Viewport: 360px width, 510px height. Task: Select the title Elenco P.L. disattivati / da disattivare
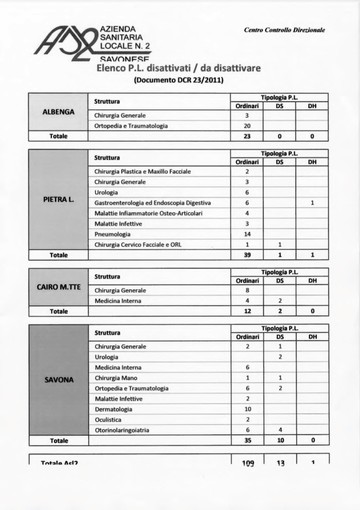pyautogui.click(x=166, y=67)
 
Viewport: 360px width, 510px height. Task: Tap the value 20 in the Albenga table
pyautogui.click(x=246, y=126)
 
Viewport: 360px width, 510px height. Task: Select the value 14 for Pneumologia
pyautogui.click(x=246, y=233)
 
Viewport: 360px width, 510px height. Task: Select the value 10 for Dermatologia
pyautogui.click(x=246, y=408)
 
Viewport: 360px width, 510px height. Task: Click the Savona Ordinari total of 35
pyautogui.click(x=246, y=440)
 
